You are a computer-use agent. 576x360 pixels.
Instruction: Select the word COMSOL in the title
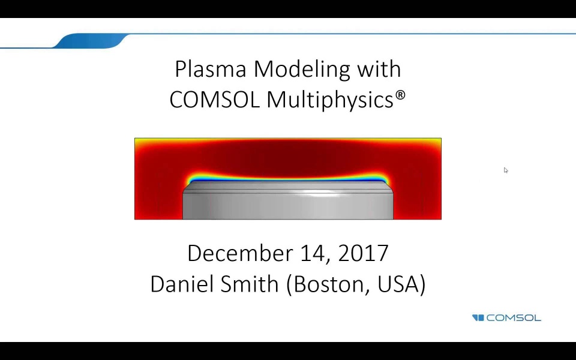click(x=215, y=100)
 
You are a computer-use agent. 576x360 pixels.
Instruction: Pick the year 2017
click(x=363, y=253)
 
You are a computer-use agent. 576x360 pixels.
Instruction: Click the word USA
click(x=399, y=284)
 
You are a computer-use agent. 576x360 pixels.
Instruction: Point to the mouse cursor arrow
click(x=505, y=170)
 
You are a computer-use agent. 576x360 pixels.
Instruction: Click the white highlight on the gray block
click(x=318, y=194)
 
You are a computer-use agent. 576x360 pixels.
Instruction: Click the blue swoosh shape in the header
click(x=90, y=41)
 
